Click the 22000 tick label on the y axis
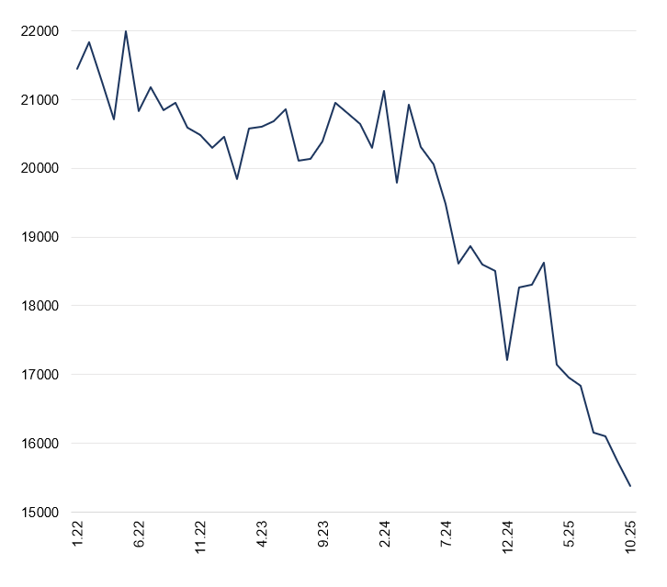pyautogui.click(x=40, y=31)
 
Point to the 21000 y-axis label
pyautogui.click(x=40, y=100)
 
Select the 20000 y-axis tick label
pyautogui.click(x=40, y=169)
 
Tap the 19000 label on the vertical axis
pyautogui.click(x=40, y=237)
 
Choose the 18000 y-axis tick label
pyautogui.click(x=40, y=306)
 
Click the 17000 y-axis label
pyautogui.click(x=40, y=375)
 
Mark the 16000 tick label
pyautogui.click(x=40, y=444)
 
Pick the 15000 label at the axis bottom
pyautogui.click(x=40, y=513)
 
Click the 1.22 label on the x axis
pyautogui.click(x=78, y=536)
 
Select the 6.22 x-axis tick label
pyautogui.click(x=140, y=536)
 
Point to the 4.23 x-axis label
pyautogui.click(x=262, y=536)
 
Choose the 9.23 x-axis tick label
pyautogui.click(x=323, y=536)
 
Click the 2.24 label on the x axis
pyautogui.click(x=385, y=536)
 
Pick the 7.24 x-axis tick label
pyautogui.click(x=447, y=536)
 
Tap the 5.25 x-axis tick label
pyautogui.click(x=569, y=536)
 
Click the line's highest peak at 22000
pyautogui.click(x=126, y=31)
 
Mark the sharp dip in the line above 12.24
pyautogui.click(x=507, y=360)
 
